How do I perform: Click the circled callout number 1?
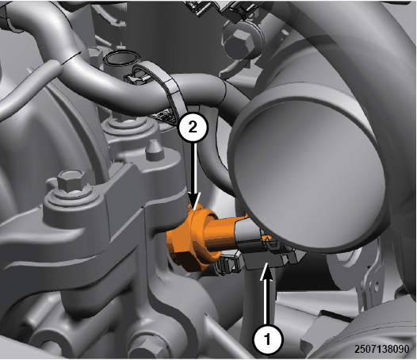[x=268, y=339]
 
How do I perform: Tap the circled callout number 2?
[x=193, y=128]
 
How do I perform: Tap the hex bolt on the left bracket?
[x=72, y=181]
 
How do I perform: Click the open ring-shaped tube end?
[x=122, y=58]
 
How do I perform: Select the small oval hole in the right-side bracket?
[x=376, y=286]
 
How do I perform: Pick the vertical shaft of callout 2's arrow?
[x=195, y=170]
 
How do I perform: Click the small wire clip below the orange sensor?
[x=227, y=263]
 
